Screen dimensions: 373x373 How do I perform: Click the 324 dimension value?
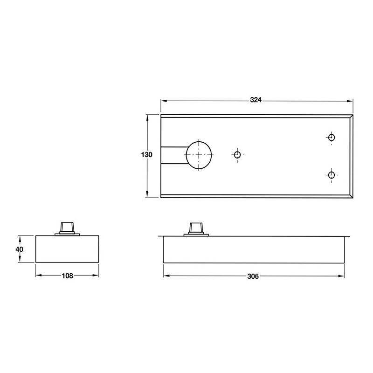pyautogui.click(x=256, y=100)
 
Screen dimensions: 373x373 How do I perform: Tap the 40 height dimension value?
pyautogui.click(x=19, y=249)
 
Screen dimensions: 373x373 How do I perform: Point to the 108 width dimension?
pyautogui.click(x=68, y=276)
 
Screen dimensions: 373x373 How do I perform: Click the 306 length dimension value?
pyautogui.click(x=253, y=276)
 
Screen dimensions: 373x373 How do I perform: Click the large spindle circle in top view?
pyautogui.click(x=199, y=155)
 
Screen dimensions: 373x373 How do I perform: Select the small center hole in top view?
pyautogui.click(x=237, y=155)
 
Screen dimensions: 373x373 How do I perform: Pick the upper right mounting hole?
pyautogui.click(x=332, y=137)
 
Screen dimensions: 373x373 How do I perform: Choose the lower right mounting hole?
pyautogui.click(x=332, y=175)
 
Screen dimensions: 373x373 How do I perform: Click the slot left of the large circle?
pyautogui.click(x=173, y=155)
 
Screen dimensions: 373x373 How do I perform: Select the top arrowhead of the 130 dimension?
pyautogui.click(x=147, y=116)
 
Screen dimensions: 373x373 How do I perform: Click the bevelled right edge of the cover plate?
pyautogui.click(x=351, y=156)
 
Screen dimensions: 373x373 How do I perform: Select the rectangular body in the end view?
pyautogui.click(x=68, y=249)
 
